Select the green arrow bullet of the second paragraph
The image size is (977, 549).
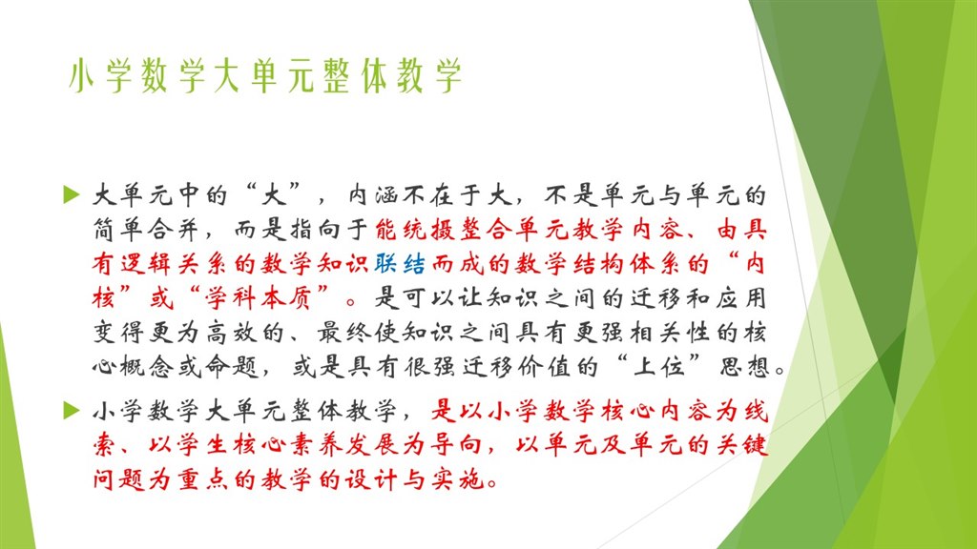[x=70, y=411]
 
